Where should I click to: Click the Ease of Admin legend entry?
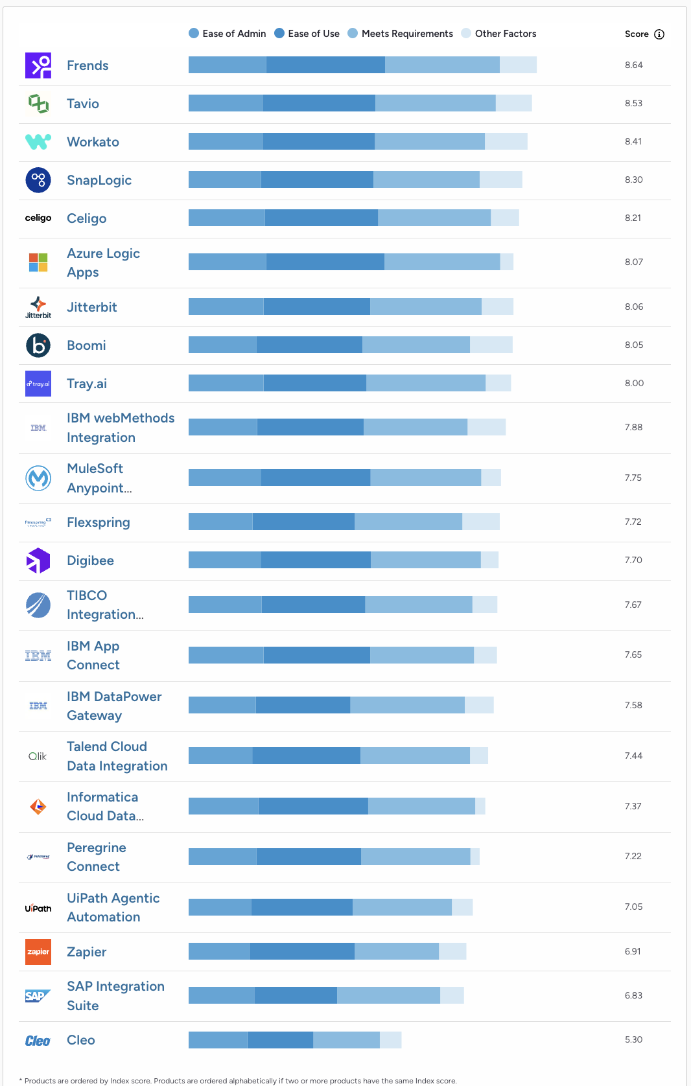click(227, 34)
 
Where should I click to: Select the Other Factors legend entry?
click(498, 34)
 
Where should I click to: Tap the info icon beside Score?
click(659, 34)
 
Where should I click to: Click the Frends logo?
click(38, 65)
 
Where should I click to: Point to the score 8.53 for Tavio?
click(633, 103)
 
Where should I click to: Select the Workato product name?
click(93, 142)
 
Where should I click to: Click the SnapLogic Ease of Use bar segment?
click(317, 179)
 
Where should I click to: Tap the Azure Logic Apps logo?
click(38, 262)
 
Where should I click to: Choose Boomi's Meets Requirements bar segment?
click(416, 345)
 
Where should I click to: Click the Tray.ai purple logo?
click(38, 384)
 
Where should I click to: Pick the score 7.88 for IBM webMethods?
click(633, 427)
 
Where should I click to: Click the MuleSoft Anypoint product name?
click(99, 478)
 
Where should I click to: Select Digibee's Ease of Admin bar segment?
click(224, 560)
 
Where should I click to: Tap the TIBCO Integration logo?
click(38, 605)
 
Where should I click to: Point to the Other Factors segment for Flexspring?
click(480, 522)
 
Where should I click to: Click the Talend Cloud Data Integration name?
click(117, 756)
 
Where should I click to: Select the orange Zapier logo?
click(38, 952)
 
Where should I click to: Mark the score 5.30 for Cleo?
click(633, 1039)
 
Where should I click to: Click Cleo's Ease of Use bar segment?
click(280, 1040)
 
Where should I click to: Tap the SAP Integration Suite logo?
click(38, 996)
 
